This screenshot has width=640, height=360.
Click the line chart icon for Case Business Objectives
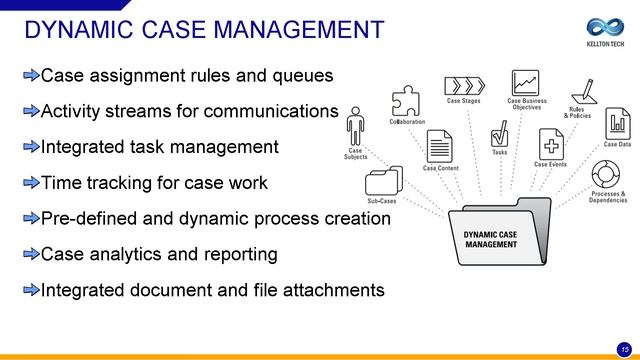(526, 83)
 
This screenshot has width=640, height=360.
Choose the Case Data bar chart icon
(617, 124)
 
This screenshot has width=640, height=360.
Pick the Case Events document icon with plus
(550, 143)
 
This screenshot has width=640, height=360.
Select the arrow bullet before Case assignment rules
(31, 75)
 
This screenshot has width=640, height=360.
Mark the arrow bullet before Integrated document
(31, 291)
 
